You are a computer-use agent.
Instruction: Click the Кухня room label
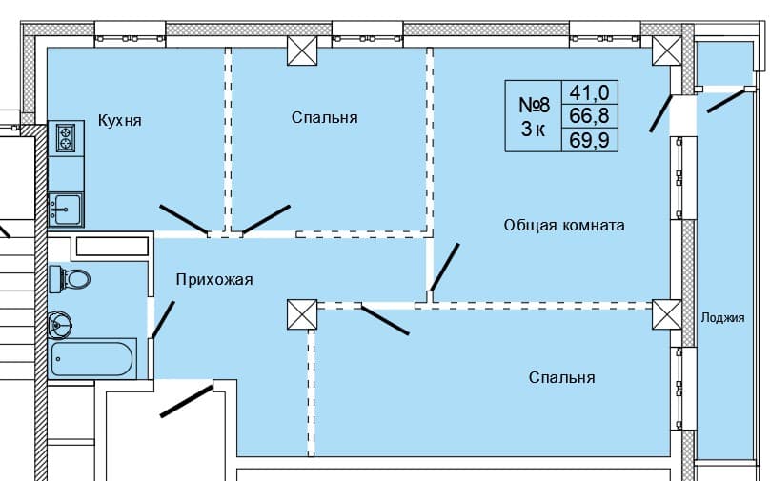coord(119,121)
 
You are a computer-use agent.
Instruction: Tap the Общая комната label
coord(564,226)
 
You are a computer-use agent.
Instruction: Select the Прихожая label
coord(213,279)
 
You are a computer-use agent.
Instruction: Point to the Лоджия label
coord(721,318)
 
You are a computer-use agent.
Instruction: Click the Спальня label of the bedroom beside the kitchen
coord(325,117)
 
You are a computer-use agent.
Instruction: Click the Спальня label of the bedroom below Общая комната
coord(562,378)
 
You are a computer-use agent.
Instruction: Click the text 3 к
coord(533,130)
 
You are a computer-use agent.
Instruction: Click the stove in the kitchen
coord(66,139)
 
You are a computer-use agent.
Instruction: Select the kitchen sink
coord(65,209)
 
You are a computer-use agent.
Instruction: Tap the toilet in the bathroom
coord(72,279)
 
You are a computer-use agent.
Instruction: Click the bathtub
coord(92,360)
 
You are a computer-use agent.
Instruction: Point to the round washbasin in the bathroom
coord(63,325)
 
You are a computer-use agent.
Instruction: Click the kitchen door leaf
coord(183,218)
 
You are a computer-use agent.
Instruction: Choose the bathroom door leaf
coord(163,320)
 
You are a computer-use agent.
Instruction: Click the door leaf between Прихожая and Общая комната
coord(444,267)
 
